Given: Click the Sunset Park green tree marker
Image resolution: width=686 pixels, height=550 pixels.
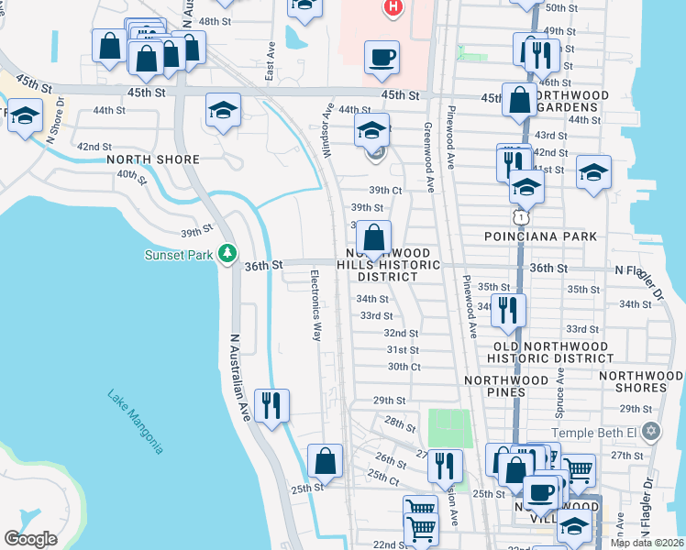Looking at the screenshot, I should point(227,254).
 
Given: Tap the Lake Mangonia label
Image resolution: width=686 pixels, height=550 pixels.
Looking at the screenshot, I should point(136,422).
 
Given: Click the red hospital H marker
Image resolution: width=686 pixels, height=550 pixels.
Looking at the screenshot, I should point(393,8).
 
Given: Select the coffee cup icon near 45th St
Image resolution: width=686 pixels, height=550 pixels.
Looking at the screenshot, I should point(382,57).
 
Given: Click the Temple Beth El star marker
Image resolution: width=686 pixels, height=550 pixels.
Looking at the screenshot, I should point(651,431).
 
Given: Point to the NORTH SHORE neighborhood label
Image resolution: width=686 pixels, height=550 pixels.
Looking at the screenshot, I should point(152,159).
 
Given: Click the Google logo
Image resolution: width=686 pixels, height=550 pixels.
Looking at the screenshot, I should point(30,538).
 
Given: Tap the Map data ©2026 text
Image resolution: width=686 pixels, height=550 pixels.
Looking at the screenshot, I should point(647,543).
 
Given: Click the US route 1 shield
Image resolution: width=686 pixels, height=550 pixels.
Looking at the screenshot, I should point(520,216).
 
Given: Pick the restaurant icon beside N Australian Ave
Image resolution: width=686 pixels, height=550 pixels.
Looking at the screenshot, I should point(271,405).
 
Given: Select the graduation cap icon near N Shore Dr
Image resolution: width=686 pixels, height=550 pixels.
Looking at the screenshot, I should point(26,117).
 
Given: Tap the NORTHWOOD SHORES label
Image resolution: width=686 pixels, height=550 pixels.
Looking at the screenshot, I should point(642,381).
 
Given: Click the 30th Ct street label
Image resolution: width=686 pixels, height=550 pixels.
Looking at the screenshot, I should point(404,367).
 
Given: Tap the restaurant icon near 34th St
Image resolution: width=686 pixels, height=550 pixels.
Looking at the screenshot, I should point(508,310).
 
